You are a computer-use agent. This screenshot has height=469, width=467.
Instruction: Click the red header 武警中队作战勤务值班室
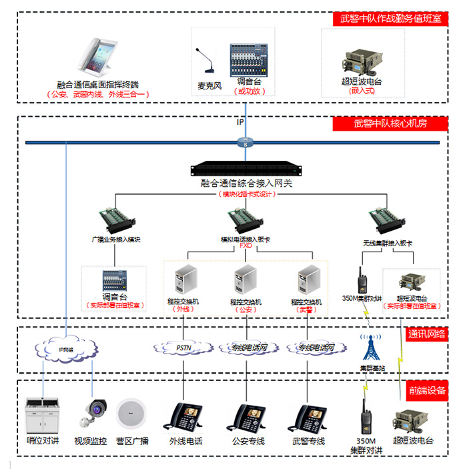click(x=391, y=19)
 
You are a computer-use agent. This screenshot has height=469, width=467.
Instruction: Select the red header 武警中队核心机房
click(x=390, y=123)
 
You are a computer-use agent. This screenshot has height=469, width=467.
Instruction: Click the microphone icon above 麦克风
click(x=207, y=63)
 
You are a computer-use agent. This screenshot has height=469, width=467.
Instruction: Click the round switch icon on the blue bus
click(x=245, y=141)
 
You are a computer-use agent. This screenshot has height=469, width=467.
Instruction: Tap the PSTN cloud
click(x=183, y=347)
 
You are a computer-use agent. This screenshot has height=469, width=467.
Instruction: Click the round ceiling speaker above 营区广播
click(x=131, y=414)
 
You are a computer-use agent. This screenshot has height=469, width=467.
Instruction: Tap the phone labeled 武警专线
click(x=310, y=418)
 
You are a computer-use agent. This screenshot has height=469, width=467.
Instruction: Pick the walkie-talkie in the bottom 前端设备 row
click(x=365, y=416)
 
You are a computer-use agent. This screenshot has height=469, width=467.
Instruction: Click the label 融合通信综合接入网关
click(x=246, y=183)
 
